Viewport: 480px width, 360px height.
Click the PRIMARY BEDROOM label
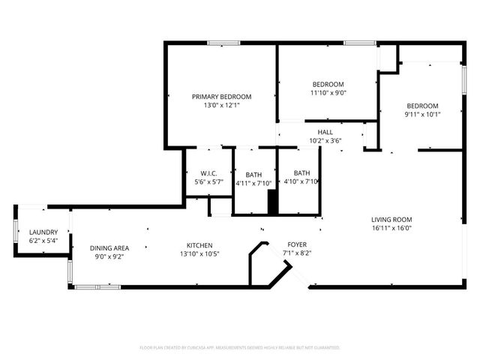pyautogui.click(x=221, y=97)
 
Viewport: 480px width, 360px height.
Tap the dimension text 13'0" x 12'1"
pyautogui.click(x=221, y=106)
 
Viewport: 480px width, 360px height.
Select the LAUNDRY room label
pyautogui.click(x=43, y=232)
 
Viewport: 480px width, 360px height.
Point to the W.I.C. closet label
pyautogui.click(x=208, y=173)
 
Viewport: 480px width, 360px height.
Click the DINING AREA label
pyautogui.click(x=109, y=248)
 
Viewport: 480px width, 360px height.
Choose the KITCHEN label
pyautogui.click(x=199, y=245)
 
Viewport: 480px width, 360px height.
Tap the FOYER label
pyautogui.click(x=297, y=245)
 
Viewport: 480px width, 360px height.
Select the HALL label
pyautogui.click(x=325, y=132)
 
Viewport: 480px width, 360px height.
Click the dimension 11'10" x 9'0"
pyautogui.click(x=328, y=93)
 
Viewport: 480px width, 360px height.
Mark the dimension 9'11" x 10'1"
pyautogui.click(x=422, y=115)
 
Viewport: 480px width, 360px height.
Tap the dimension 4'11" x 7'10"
pyautogui.click(x=253, y=182)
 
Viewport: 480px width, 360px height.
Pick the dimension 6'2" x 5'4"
pyautogui.click(x=43, y=241)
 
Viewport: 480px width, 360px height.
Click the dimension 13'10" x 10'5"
pyautogui.click(x=199, y=254)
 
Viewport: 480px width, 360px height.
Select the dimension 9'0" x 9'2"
pyautogui.click(x=109, y=257)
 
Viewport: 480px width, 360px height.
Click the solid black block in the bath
pyautogui.click(x=273, y=202)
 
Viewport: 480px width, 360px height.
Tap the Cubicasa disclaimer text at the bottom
pyautogui.click(x=240, y=348)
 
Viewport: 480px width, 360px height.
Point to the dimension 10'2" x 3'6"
pyautogui.click(x=325, y=140)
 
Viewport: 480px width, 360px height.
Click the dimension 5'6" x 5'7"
pyautogui.click(x=208, y=182)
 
